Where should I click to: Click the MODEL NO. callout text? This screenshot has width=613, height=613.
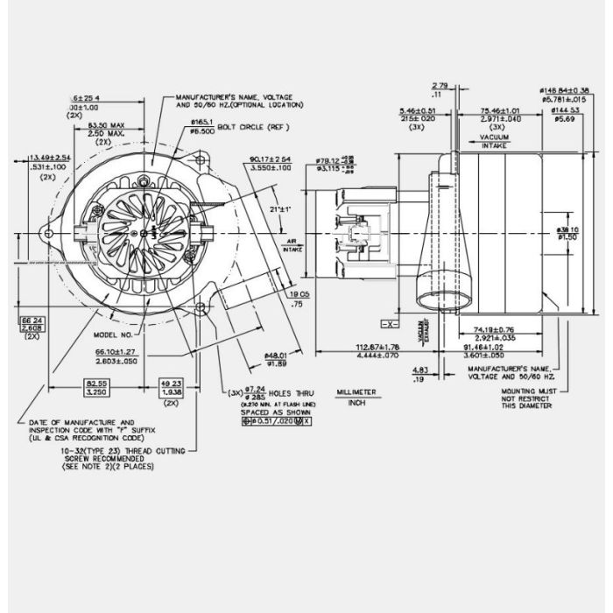point(112,334)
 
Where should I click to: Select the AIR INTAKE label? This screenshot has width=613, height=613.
point(292,247)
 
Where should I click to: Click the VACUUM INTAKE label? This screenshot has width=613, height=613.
point(495,141)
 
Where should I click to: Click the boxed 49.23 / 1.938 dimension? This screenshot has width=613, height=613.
point(170,388)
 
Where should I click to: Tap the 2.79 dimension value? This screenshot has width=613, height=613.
point(439,85)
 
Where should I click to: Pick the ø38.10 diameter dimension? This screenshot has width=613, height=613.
point(568,230)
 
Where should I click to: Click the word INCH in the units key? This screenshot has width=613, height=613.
point(356,404)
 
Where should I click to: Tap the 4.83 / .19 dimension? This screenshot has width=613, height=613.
point(419,374)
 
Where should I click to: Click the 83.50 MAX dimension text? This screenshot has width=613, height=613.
point(109,126)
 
